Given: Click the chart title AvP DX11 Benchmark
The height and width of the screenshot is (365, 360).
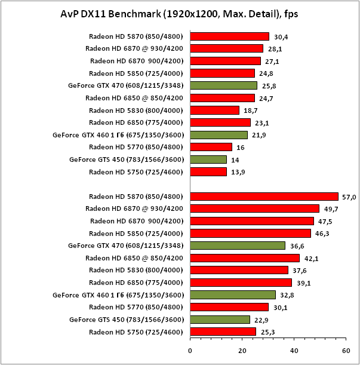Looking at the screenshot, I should click(x=179, y=13).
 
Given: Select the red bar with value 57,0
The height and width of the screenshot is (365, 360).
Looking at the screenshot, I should click(x=264, y=196).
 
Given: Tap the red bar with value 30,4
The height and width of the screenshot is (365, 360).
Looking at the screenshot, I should click(x=229, y=36).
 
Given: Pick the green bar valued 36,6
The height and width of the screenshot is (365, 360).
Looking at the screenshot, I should click(x=238, y=246).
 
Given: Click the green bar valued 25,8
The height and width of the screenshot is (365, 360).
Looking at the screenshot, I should click(x=223, y=85).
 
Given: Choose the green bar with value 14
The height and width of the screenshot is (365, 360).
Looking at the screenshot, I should click(x=208, y=160).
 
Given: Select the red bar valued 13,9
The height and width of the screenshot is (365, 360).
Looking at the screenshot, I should click(x=208, y=172).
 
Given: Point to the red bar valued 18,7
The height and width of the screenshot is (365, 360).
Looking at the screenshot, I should click(x=214, y=110).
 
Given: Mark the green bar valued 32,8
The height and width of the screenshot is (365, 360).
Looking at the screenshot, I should click(x=233, y=295).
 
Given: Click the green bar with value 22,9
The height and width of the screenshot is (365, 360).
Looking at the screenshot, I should click(x=220, y=320).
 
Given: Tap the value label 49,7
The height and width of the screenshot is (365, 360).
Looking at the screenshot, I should click(x=330, y=208).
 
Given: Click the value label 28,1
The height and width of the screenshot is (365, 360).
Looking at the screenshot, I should click(x=274, y=48).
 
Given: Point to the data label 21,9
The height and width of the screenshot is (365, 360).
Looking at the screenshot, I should click(x=258, y=135).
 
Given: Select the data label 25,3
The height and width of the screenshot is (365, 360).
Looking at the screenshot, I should click(x=266, y=332).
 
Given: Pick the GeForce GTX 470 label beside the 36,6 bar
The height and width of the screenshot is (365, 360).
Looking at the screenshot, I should click(x=125, y=246).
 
